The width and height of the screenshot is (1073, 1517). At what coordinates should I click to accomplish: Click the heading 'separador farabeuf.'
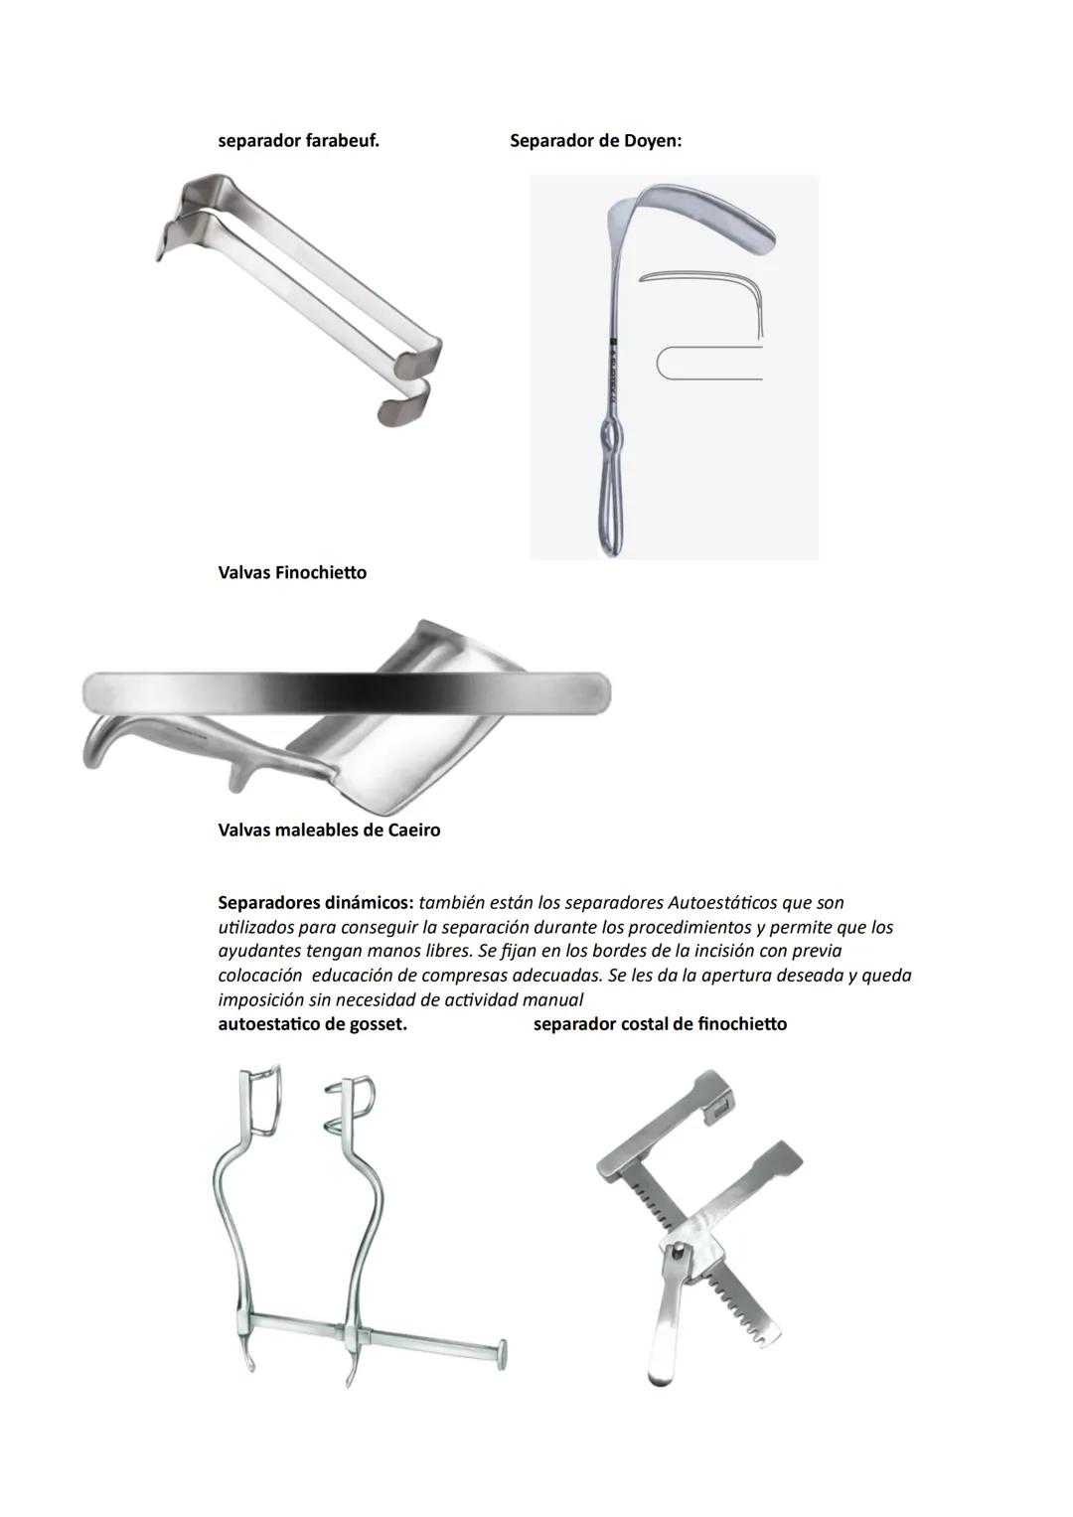point(298,141)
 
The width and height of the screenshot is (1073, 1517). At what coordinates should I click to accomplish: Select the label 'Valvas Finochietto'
point(292,573)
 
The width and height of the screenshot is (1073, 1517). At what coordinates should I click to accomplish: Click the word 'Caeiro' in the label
point(410,831)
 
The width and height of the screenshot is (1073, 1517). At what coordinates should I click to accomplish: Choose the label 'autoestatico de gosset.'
point(312,1024)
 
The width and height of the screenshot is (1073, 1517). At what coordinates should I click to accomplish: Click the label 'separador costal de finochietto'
point(660,1024)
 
